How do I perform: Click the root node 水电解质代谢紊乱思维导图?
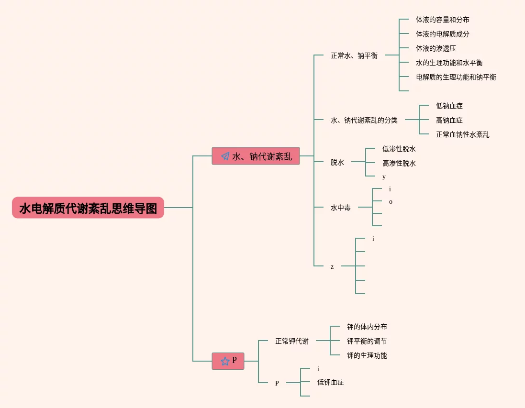tap(88, 208)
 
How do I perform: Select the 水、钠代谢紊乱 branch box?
tap(256, 156)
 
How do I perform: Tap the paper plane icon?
tap(225, 156)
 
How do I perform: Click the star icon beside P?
tap(224, 361)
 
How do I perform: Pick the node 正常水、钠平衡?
tap(354, 55)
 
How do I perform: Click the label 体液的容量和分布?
tap(442, 20)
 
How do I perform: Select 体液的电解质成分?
tap(442, 34)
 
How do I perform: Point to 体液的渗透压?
tap(436, 49)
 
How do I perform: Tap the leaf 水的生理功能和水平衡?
tap(449, 63)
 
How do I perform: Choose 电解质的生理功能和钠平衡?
tap(456, 77)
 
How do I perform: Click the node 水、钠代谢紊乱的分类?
tap(364, 120)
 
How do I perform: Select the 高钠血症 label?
tap(449, 121)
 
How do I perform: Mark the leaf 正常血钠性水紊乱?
tap(462, 135)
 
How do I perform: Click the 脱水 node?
tap(337, 162)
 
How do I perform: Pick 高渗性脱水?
tap(399, 164)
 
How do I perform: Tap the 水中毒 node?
tap(341, 208)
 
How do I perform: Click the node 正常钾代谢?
tap(292, 341)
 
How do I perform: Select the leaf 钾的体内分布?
tap(367, 327)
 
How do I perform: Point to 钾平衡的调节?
tap(367, 342)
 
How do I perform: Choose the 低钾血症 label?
tap(330, 382)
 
